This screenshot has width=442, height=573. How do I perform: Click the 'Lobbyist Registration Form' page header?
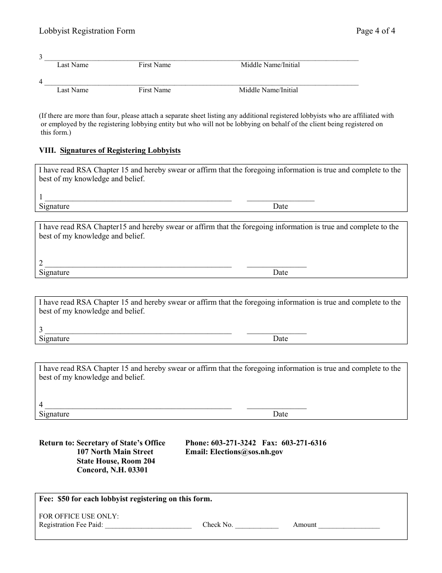coord(87,31)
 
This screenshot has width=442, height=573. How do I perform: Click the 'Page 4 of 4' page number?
coord(375,31)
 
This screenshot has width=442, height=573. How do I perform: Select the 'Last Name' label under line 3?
coord(73,65)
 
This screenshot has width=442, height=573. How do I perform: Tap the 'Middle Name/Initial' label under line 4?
coord(268,90)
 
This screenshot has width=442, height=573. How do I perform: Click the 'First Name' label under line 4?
coord(154,90)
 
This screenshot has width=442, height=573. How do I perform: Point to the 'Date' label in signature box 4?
coord(281,414)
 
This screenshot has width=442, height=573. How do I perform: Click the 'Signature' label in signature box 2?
coord(54,273)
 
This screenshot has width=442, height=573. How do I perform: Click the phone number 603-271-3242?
coord(233,443)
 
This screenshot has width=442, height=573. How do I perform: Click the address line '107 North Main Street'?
coord(115,452)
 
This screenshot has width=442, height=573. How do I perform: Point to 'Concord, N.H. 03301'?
coord(112,470)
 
